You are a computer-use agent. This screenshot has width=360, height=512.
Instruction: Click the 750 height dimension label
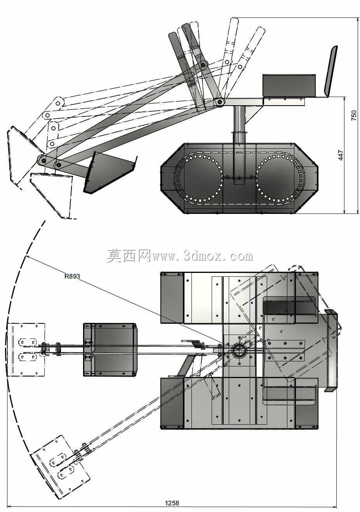click(354, 115)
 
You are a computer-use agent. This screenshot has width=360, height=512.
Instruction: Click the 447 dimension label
click(341, 155)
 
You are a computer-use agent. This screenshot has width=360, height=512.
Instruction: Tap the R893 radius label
click(72, 276)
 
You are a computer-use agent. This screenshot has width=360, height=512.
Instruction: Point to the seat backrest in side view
click(331, 71)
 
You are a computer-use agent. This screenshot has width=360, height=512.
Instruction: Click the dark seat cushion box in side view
click(289, 85)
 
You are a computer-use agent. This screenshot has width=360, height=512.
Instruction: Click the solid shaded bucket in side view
click(110, 172)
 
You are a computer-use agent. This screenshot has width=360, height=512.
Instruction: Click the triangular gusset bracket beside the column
click(251, 116)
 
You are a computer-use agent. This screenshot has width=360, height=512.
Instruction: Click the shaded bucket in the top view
click(110, 350)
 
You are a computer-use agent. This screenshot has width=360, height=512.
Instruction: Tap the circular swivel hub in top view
click(239, 351)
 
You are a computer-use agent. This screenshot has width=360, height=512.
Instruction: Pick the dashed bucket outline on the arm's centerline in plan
click(26, 350)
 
